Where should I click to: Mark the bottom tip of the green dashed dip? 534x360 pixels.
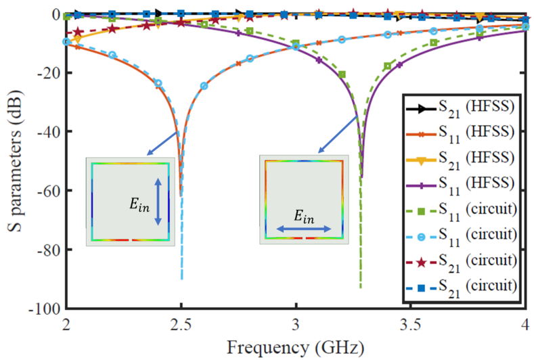pyautogui.click(x=360, y=288)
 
